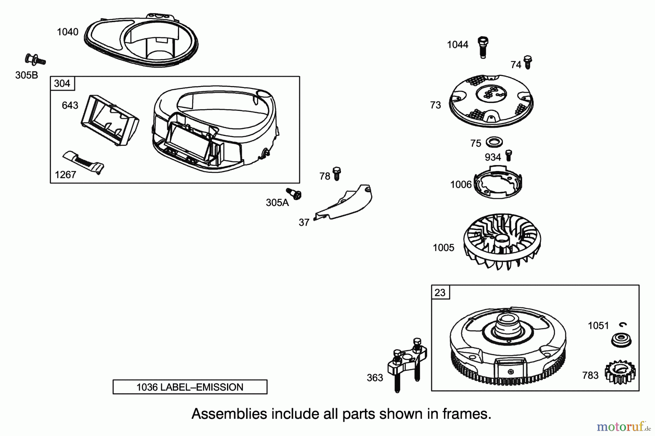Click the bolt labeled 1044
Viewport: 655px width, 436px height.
coord(483,47)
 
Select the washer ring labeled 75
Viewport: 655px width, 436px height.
coord(494,141)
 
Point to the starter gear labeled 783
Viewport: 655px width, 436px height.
coord(620,372)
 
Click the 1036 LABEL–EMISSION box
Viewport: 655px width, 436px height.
coord(190,387)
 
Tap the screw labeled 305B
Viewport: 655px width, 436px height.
coord(35,59)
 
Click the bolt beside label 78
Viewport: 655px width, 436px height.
coord(337,174)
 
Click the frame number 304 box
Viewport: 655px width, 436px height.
coord(62,83)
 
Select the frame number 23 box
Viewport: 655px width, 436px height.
coord(440,292)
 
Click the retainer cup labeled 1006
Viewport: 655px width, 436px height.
coord(498,183)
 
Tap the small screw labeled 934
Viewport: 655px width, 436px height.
coord(509,155)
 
